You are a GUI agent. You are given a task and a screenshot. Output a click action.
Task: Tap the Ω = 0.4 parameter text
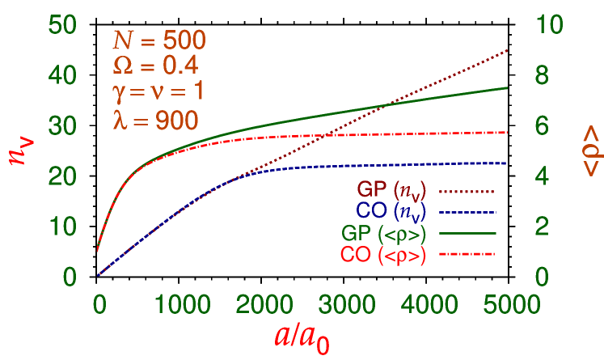(x=154, y=66)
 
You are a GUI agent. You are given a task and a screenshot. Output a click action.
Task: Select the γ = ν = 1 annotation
(x=157, y=91)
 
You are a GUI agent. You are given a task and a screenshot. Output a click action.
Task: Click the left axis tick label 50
(x=62, y=24)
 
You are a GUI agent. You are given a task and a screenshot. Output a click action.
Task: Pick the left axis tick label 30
(x=62, y=125)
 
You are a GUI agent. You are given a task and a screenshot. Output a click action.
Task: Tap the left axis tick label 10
(x=62, y=227)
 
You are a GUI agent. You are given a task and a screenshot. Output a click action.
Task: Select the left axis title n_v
(x=22, y=150)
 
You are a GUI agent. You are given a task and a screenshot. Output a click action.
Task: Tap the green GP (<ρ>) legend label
(x=383, y=234)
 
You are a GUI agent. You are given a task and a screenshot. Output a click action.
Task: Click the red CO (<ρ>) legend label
(x=383, y=255)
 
